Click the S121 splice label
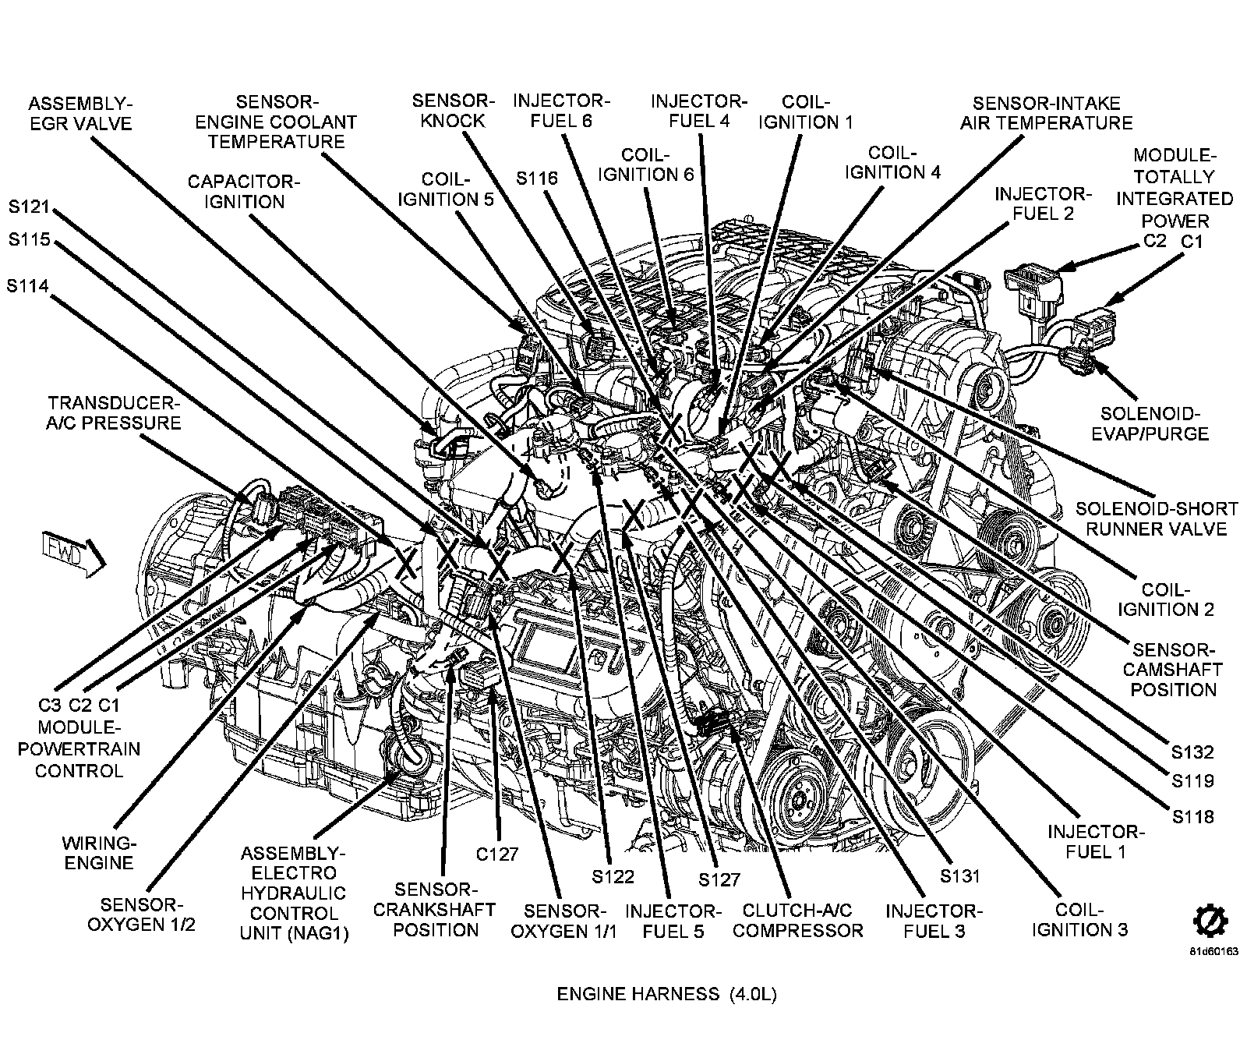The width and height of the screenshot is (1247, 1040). [30, 207]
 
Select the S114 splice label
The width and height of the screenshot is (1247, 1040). [29, 286]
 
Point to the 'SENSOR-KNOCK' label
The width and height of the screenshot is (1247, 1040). [453, 111]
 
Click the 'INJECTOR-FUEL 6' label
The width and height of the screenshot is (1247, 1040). [561, 111]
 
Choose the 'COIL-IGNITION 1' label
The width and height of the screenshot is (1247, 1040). [806, 112]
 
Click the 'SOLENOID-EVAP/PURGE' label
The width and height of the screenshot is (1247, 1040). [1154, 423]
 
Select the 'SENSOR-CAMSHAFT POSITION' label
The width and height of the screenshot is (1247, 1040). [1173, 669]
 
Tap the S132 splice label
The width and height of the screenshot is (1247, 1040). [1192, 752]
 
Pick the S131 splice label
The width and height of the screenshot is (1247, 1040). [959, 875]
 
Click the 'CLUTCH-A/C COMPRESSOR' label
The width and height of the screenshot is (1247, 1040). [798, 920]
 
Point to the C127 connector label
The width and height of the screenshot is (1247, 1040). [498, 854]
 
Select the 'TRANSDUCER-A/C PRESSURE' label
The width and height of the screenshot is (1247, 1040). [115, 412]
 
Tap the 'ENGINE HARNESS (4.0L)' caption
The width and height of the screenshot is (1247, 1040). [666, 993]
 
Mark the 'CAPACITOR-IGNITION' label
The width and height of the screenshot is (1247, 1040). [243, 192]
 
